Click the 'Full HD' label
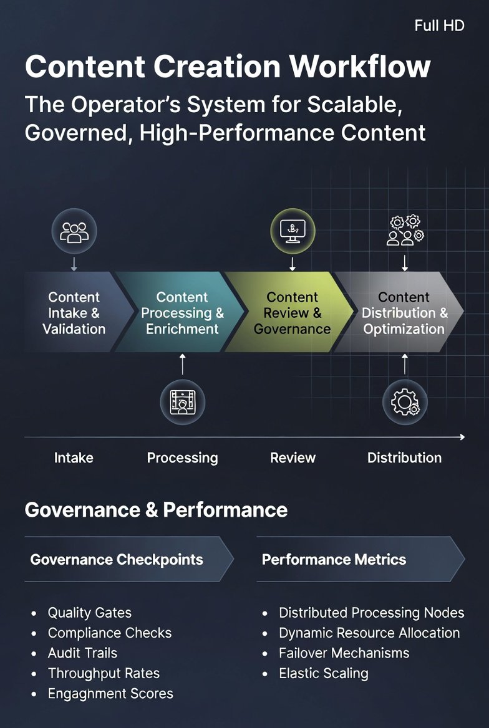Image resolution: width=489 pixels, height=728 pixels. click(x=439, y=26)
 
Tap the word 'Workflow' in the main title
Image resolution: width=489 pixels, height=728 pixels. click(x=360, y=67)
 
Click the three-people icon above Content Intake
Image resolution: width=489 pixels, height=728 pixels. click(x=74, y=232)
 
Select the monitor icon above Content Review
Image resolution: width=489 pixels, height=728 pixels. click(x=293, y=231)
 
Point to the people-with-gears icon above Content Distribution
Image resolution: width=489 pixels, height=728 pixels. click(x=405, y=230)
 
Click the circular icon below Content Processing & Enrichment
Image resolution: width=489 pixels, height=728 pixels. click(x=182, y=402)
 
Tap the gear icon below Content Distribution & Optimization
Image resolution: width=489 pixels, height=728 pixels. click(x=405, y=402)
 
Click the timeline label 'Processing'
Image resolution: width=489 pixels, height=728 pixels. click(x=182, y=458)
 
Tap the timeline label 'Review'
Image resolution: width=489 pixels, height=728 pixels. click(x=293, y=457)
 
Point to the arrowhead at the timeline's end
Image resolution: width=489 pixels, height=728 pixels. click(x=462, y=437)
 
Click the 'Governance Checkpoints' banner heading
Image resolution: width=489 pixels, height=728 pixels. click(x=117, y=560)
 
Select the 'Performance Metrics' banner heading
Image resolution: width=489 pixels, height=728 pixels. click(x=334, y=560)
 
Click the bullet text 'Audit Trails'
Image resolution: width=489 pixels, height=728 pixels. click(x=83, y=653)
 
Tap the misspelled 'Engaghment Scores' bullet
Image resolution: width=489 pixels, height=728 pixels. click(x=110, y=694)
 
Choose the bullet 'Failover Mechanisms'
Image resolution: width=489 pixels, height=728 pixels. click(x=344, y=653)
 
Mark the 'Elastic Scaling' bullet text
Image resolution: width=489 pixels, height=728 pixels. click(x=324, y=673)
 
